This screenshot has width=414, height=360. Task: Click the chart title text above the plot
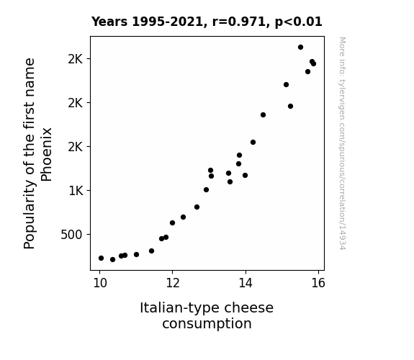coord(207,22)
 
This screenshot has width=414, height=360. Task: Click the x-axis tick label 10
coord(100,283)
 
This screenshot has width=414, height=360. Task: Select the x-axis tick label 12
coord(173,283)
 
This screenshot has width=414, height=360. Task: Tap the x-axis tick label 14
coord(246,283)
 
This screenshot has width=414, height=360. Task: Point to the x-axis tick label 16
coord(318,283)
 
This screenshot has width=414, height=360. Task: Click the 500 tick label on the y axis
coord(71,235)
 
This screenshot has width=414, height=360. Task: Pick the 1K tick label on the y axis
coord(76,191)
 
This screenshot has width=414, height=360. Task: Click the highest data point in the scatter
coord(300,48)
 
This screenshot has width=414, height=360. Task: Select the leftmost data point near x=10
coord(101,258)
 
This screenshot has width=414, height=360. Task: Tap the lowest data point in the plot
coord(113,260)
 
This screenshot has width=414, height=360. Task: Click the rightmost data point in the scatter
coord(313,63)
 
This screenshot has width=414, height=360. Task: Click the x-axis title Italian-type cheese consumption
coord(207,315)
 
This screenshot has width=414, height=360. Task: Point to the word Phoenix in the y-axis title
coord(47,155)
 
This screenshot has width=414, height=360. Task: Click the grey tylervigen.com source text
coord(342,143)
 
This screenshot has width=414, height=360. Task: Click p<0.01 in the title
coord(299,22)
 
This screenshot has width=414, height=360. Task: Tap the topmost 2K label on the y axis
coord(76,59)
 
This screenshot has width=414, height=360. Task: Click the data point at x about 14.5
coord(263,115)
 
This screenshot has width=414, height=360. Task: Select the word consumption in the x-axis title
coord(207,324)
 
